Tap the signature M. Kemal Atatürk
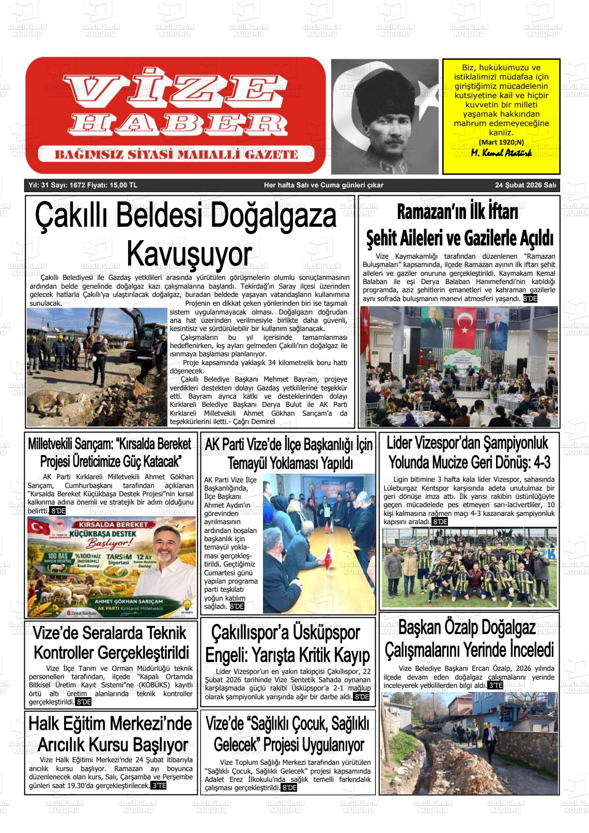pyautogui.click(x=501, y=153)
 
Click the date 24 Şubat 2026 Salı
pyautogui.click(x=525, y=185)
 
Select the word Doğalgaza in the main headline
pyautogui.click(x=274, y=217)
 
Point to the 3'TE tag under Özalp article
pyautogui.click(x=495, y=685)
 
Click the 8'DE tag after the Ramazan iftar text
pyautogui.click(x=530, y=298)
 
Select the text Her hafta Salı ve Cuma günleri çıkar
pyautogui.click(x=323, y=185)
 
